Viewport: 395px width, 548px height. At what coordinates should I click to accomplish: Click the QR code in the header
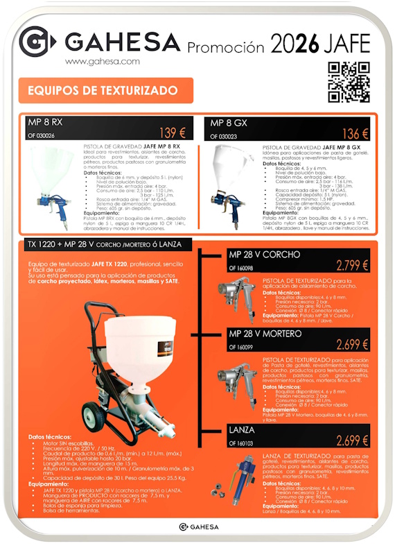(x=349, y=81)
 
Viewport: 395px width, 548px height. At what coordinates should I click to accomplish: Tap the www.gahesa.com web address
(x=103, y=61)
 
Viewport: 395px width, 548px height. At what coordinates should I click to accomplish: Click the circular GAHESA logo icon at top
(x=34, y=41)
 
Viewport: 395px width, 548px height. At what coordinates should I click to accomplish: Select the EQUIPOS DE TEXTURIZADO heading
(x=103, y=91)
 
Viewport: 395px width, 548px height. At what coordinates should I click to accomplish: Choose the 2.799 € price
(x=352, y=264)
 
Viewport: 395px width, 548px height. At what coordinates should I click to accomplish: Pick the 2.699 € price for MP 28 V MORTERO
(x=352, y=345)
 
